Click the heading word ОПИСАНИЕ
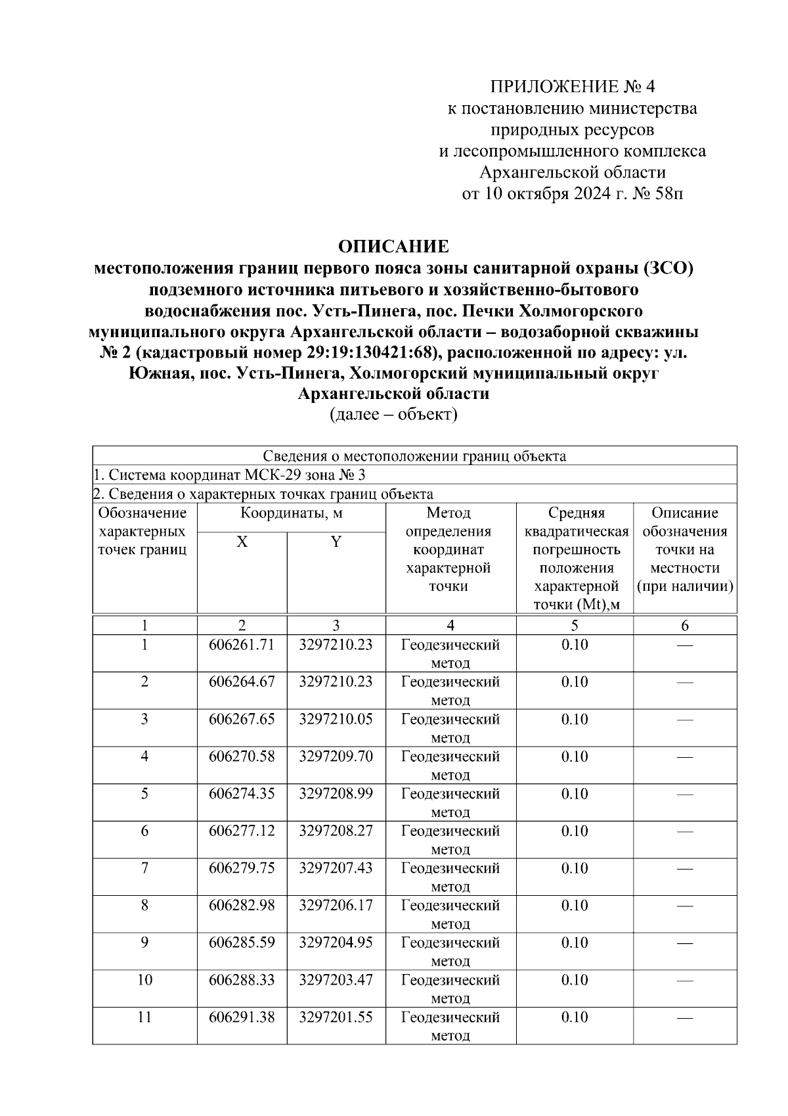[393, 246]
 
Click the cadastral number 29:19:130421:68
[371, 352]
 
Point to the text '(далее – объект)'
[393, 415]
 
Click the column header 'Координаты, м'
[291, 513]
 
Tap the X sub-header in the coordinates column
[242, 542]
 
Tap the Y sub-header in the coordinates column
[336, 542]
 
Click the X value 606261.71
[242, 645]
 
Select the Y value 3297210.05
[336, 719]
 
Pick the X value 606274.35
[242, 793]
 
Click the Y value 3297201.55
[336, 1017]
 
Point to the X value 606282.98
[242, 905]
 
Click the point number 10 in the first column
[144, 980]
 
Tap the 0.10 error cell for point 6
[575, 831]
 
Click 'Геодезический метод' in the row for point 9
[450, 951]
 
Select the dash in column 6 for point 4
[685, 757]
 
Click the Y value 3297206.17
[336, 905]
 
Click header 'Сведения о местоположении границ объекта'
[414, 455]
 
